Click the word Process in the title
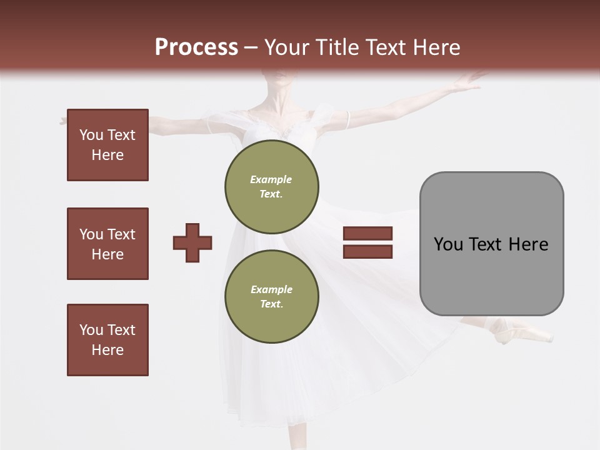[x=196, y=47]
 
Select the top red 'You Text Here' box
[x=107, y=145]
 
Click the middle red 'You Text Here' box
[x=107, y=244]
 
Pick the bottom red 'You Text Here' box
[x=107, y=340]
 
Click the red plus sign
[x=192, y=242]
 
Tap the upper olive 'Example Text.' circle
[x=272, y=187]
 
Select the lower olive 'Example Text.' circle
[x=272, y=297]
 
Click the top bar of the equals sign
[x=367, y=234]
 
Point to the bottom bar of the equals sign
[x=367, y=251]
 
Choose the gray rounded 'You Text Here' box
[x=491, y=244]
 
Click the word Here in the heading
[x=436, y=47]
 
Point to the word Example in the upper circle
[x=271, y=179]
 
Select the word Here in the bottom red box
[x=107, y=350]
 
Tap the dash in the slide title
[x=251, y=47]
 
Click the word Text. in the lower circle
[x=271, y=304]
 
